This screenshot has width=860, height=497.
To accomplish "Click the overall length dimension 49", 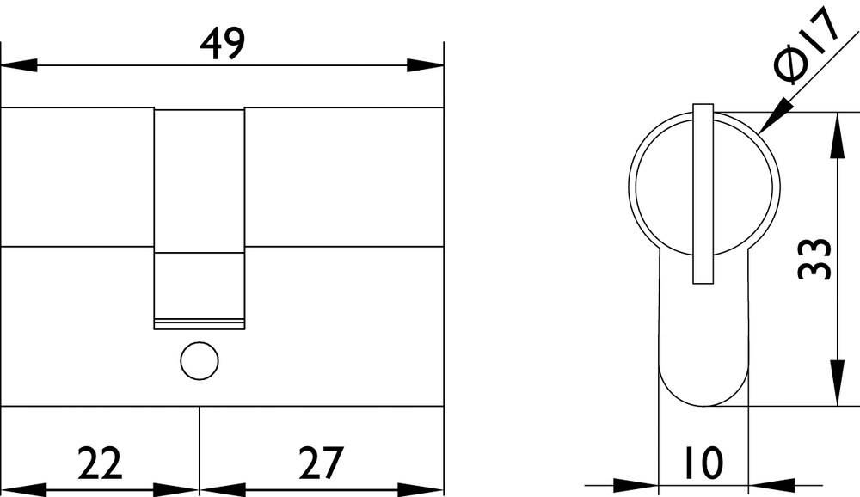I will click(222, 43).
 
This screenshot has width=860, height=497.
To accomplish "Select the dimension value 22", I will click(101, 463).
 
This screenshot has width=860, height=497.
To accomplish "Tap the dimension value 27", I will click(321, 463).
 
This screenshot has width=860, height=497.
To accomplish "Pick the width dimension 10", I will click(704, 463).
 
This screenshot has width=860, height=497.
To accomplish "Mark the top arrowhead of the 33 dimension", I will click(835, 134).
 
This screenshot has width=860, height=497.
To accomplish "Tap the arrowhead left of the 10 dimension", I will click(637, 485).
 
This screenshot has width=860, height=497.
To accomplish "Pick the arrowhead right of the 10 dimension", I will click(770, 485).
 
